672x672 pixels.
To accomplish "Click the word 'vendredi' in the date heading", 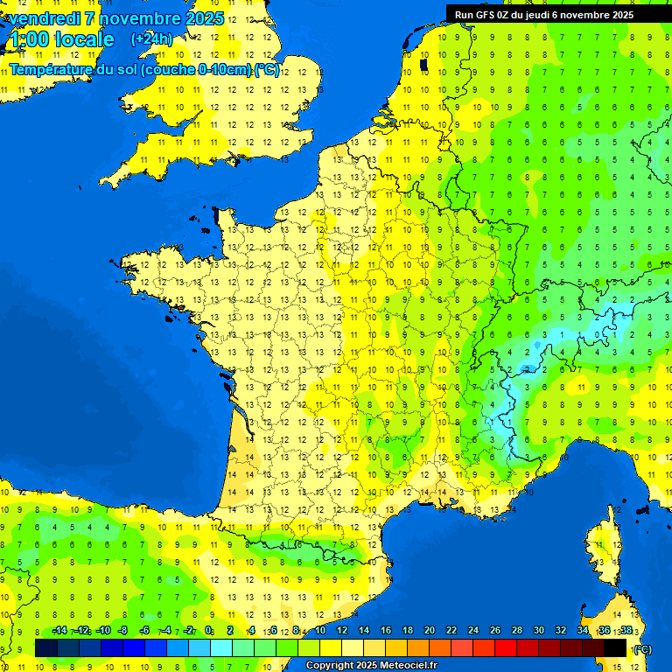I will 42,17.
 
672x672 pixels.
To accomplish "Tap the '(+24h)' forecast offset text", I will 151,38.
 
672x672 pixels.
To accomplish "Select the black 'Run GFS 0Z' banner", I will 557,14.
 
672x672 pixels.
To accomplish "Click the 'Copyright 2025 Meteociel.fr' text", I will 372,666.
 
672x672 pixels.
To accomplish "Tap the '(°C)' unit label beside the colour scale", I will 641,649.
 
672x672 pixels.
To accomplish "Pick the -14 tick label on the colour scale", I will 59,630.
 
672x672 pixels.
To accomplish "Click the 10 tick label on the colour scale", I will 320,630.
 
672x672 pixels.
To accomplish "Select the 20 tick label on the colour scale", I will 429,630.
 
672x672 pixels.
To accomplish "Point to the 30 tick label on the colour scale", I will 538,630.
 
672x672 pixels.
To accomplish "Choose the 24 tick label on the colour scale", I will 472,630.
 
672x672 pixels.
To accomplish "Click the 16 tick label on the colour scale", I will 386,630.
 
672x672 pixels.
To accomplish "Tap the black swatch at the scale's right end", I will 615,647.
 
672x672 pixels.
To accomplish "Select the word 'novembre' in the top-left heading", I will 136,17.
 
